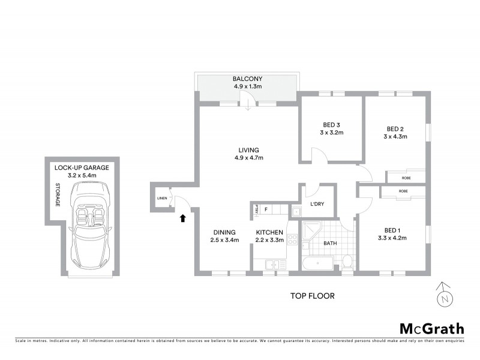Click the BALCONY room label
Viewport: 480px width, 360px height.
coord(248,79)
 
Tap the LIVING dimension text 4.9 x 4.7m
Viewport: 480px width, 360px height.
coord(248,158)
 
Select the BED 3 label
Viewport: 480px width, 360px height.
coord(331,125)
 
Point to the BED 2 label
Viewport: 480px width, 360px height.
coord(395,128)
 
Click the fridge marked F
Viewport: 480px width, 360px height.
coord(265,209)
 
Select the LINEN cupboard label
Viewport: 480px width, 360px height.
coord(161,198)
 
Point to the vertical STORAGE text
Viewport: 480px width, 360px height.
coord(58,195)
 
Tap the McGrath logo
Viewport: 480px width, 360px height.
coord(431,328)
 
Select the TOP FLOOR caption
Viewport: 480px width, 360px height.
coord(312,296)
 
